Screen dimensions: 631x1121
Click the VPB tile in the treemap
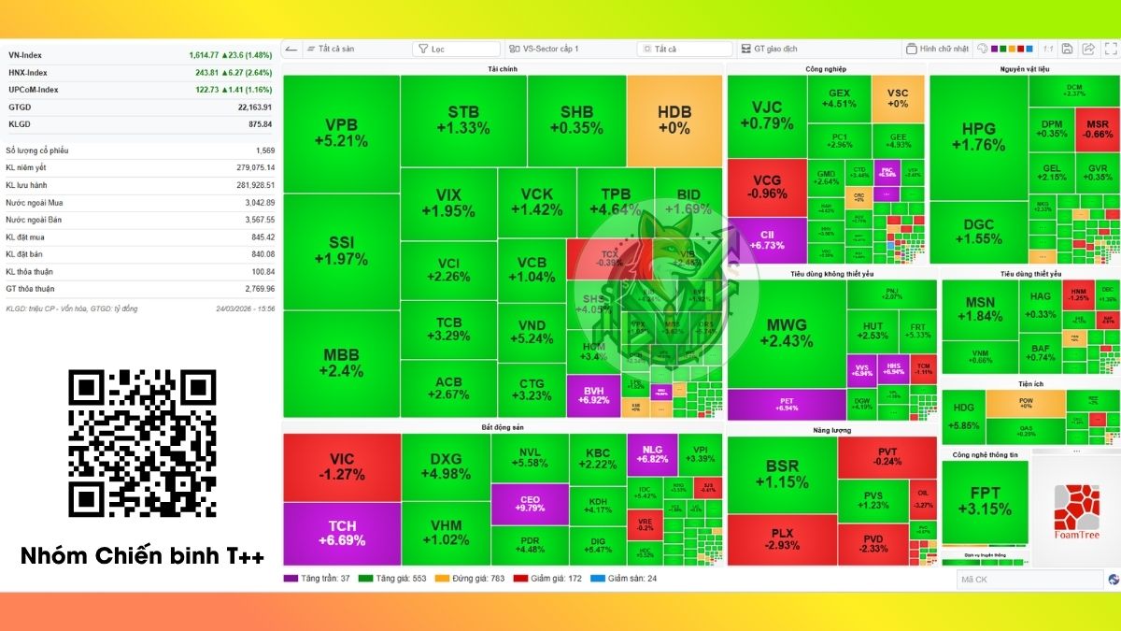tap(341, 134)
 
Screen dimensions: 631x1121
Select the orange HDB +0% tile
tap(674, 121)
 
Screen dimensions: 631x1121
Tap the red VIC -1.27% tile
tap(341, 467)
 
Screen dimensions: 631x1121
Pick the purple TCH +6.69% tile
tap(341, 534)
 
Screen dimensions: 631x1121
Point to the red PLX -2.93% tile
tap(781, 539)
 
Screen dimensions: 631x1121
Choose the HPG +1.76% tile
tap(978, 136)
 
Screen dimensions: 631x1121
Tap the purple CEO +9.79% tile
tap(530, 503)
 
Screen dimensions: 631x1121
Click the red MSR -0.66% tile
tap(1098, 128)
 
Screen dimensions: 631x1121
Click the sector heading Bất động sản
tap(503, 427)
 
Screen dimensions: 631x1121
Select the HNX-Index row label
tap(28, 72)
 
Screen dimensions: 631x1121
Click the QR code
tap(142, 443)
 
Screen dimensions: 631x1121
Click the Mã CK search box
tap(1028, 580)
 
